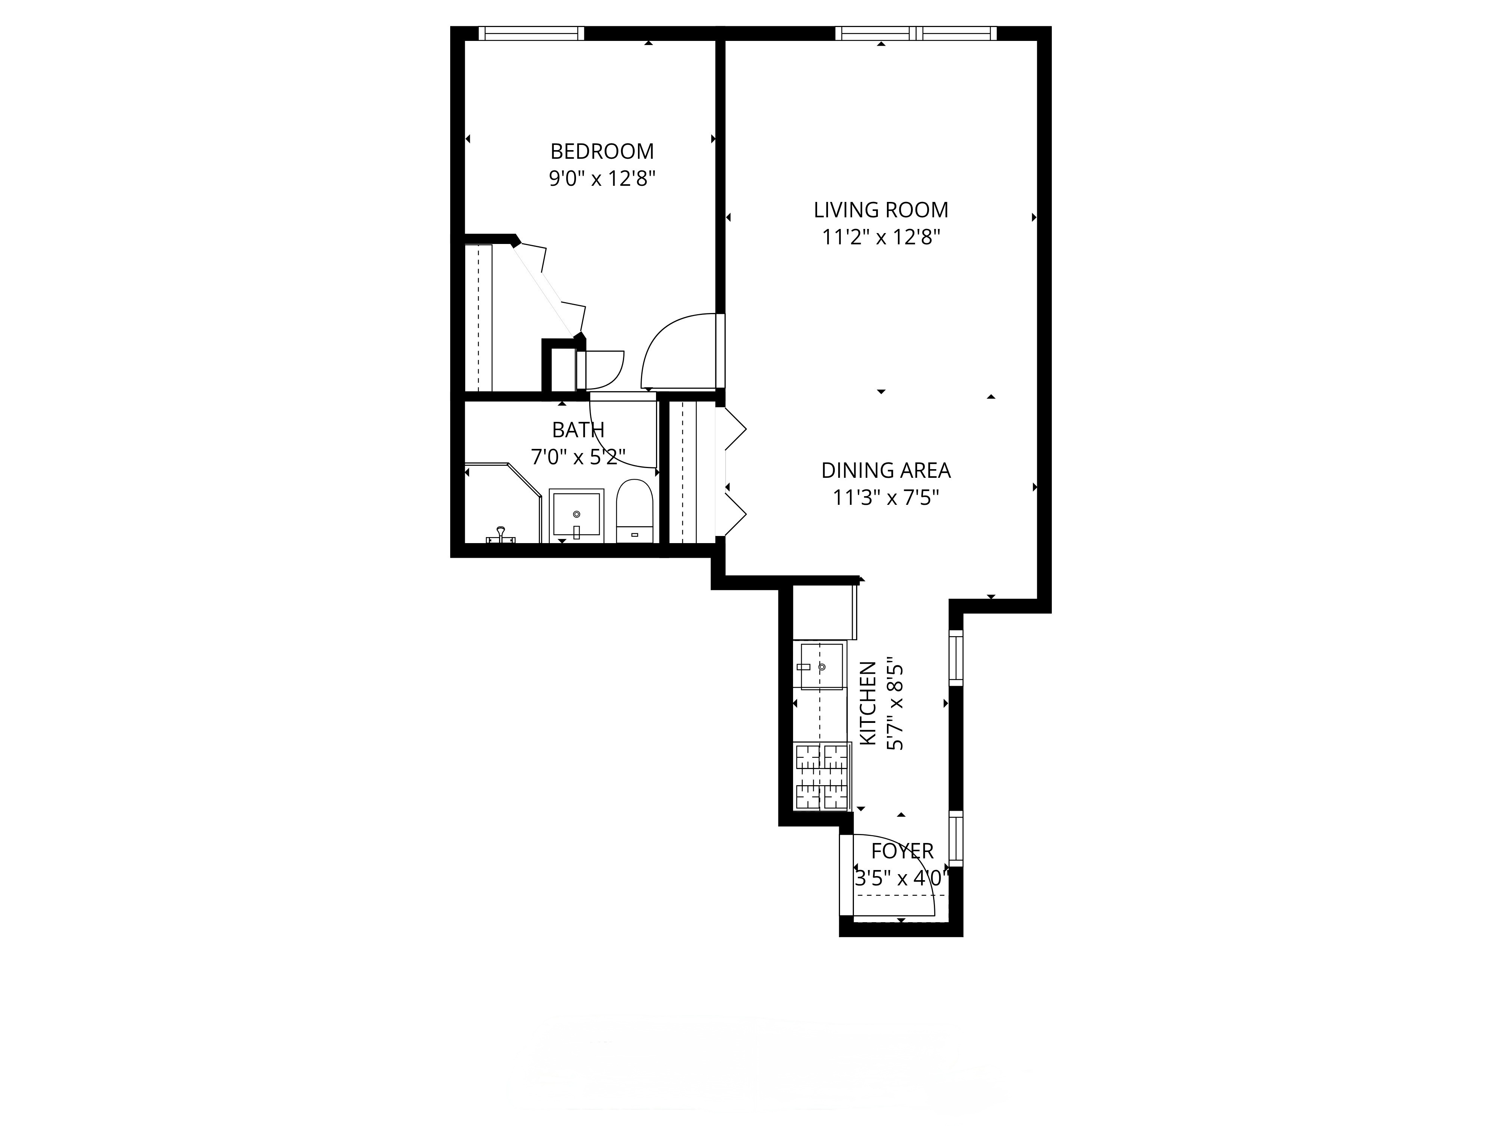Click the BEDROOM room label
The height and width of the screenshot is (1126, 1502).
[602, 151]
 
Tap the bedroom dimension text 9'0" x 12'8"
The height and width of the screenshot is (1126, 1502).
[602, 179]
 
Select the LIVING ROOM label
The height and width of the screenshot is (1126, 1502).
[881, 210]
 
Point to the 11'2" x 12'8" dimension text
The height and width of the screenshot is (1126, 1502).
[881, 238]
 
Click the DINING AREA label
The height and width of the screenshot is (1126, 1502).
[885, 470]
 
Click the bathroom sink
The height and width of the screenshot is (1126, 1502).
[576, 514]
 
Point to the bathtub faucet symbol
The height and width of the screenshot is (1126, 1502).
[501, 534]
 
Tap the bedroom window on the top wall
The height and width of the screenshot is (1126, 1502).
[531, 33]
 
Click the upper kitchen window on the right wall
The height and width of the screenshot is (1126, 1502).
[955, 657]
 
